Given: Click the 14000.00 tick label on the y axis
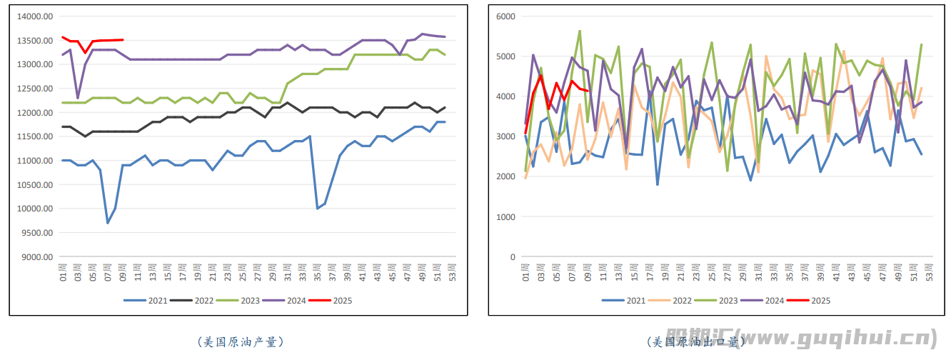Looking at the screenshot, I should pos(35,16).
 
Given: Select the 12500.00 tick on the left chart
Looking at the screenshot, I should pos(35,89).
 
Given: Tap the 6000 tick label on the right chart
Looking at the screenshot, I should pos(505,16).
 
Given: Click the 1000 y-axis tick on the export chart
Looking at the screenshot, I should pos(505,216).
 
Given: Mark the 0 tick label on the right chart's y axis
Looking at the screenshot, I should pos(512,257).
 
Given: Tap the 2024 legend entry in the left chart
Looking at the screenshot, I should pos(283,301).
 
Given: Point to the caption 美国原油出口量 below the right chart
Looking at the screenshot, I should pos(696,342).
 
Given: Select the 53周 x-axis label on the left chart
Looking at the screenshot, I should pos(451,273).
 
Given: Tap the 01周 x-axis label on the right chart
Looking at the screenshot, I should pos(526,273).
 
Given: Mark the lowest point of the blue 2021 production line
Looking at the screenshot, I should pos(108,223).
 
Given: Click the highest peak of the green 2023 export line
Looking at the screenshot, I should pos(579,31).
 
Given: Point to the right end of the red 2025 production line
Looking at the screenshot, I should pos(123,40).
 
